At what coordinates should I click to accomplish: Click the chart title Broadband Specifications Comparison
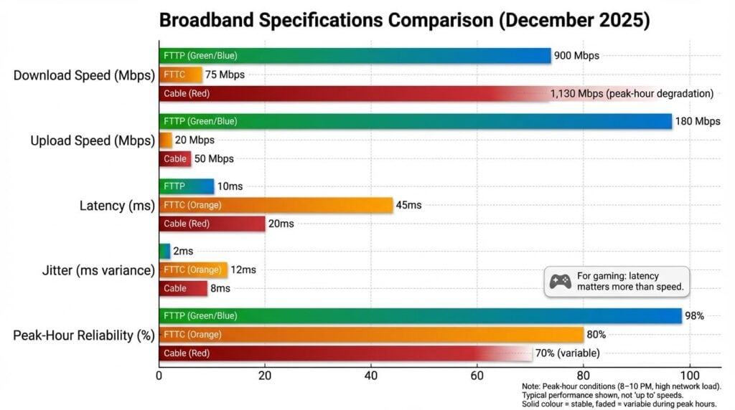click(404, 20)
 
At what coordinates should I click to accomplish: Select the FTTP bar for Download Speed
click(354, 56)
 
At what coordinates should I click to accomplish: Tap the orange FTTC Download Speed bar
click(180, 75)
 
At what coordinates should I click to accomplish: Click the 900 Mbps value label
click(576, 56)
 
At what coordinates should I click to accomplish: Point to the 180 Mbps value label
click(697, 121)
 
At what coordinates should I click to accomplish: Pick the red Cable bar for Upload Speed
click(175, 158)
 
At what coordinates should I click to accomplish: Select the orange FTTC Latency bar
click(276, 205)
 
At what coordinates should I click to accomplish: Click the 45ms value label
click(408, 205)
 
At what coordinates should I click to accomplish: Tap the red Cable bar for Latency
click(212, 224)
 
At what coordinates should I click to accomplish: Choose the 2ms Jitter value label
click(183, 252)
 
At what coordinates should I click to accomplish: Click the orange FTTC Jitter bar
click(193, 270)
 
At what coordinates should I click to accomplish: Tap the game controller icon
click(560, 282)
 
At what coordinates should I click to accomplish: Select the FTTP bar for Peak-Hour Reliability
click(420, 316)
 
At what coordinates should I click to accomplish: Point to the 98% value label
click(694, 316)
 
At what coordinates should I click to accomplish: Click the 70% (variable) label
click(567, 353)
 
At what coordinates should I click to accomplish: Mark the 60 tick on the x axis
click(477, 374)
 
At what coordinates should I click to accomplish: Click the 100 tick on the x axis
click(690, 374)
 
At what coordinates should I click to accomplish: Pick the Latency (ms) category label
click(117, 206)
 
